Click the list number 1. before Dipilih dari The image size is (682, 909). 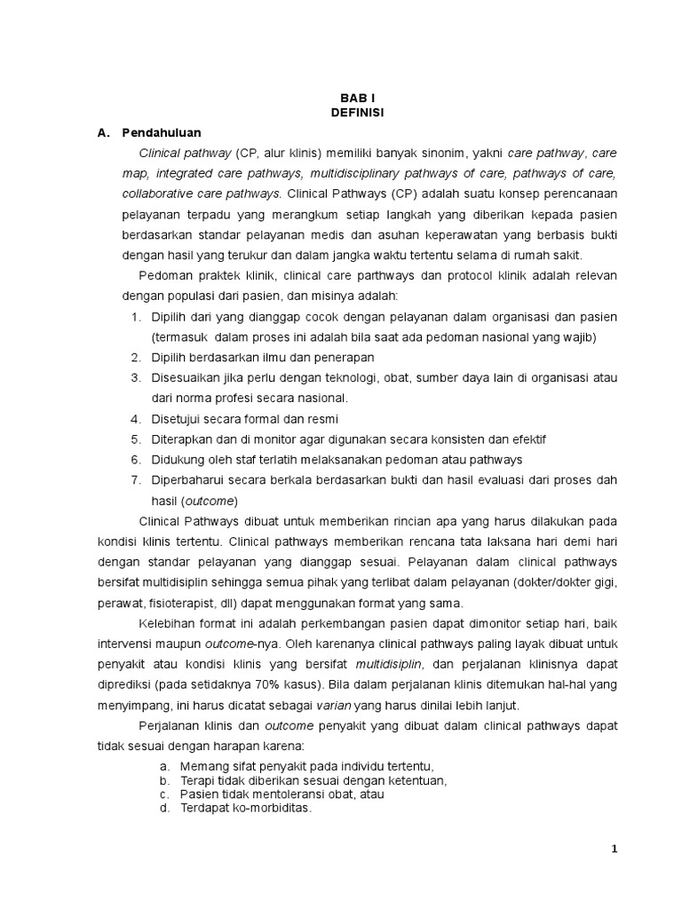tap(136, 317)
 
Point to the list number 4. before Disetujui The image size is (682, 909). tap(136, 418)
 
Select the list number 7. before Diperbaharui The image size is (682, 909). tap(136, 479)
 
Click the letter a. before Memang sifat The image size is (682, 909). tap(164, 765)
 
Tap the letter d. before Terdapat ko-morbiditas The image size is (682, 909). tap(164, 809)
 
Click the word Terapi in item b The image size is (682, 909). tap(195, 780)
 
